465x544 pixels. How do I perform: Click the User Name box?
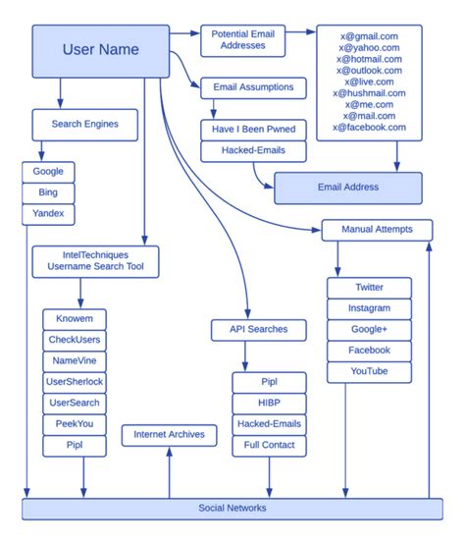pos(100,50)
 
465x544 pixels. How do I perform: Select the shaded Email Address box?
pos(347,187)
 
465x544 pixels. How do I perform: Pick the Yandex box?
pos(48,212)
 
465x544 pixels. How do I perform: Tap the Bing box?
pos(48,191)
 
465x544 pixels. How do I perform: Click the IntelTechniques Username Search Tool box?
pos(95,260)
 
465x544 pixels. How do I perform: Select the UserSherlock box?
pos(75,381)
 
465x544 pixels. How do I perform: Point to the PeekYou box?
pos(75,424)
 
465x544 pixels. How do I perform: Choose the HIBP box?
pos(268,403)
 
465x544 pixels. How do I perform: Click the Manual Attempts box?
pos(377,230)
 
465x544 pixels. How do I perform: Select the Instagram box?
pos(369,307)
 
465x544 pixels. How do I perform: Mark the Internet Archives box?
pos(170,434)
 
